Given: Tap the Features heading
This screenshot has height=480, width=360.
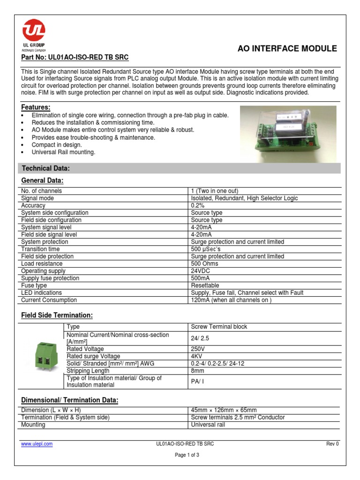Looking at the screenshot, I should pyautogui.click(x=36, y=107).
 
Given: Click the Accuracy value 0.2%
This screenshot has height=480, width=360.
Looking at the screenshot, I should pyautogui.click(x=198, y=205).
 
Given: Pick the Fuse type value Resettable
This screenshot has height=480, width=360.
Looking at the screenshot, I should pyautogui.click(x=205, y=285).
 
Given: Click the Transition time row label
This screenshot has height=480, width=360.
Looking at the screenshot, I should pyautogui.click(x=40, y=249).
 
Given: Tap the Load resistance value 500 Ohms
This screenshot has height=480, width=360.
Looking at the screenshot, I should pyautogui.click(x=204, y=263).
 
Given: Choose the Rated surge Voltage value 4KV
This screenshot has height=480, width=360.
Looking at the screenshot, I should pyautogui.click(x=196, y=356).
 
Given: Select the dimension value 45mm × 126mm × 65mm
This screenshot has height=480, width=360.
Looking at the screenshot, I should pyautogui.click(x=224, y=410).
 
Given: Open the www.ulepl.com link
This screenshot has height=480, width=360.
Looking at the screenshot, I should pyautogui.click(x=37, y=443).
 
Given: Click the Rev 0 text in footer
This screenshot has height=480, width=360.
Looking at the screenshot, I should pyautogui.click(x=332, y=443).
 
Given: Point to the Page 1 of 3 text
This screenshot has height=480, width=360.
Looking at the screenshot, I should pyautogui.click(x=187, y=455).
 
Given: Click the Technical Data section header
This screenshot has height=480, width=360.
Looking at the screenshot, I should pyautogui.click(x=46, y=168).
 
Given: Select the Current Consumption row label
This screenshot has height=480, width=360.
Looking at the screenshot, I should pyautogui.click(x=49, y=300).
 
